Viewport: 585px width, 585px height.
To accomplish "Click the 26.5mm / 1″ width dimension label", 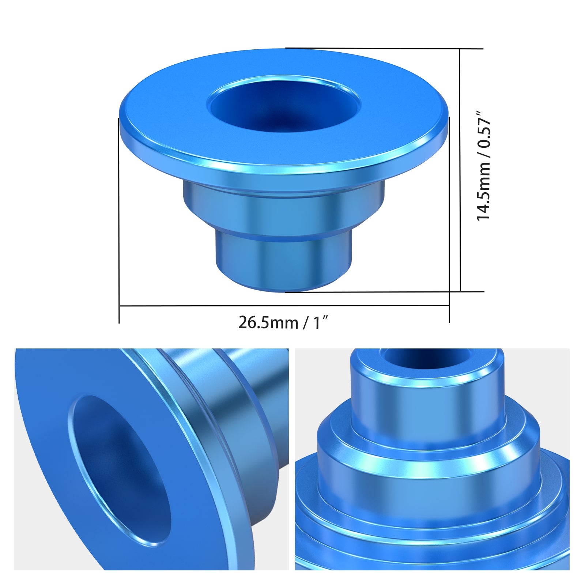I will point(284,322).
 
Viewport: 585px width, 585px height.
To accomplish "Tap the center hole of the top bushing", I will point(284,104).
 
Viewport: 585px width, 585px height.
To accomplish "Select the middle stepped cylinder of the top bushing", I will point(284,208).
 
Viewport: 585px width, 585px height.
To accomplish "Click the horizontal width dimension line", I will point(284,306).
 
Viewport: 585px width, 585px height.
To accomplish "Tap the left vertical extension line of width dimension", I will point(119,219).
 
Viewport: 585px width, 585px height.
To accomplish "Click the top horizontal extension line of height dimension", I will point(384,48).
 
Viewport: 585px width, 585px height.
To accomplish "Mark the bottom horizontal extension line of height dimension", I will point(384,291).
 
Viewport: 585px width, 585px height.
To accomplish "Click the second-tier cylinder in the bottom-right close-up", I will point(428,475).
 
